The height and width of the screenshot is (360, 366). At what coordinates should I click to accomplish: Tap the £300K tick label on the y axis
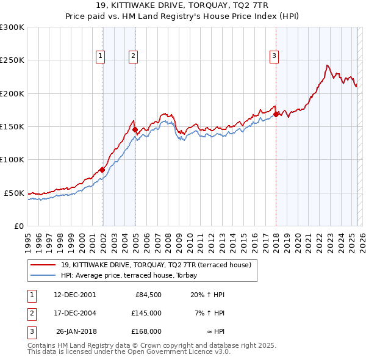[12, 27]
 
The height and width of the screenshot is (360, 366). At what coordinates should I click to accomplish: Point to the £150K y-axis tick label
[12, 126]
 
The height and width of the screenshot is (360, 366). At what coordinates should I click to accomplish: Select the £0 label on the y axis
[18, 226]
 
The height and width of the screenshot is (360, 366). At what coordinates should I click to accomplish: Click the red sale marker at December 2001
[102, 170]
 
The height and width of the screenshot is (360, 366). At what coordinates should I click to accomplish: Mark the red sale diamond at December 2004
[135, 130]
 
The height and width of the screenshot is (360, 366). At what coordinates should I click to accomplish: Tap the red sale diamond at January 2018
[276, 114]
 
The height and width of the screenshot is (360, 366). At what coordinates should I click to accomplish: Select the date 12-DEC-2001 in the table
[74, 295]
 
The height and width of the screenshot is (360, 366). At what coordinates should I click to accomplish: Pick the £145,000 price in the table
[146, 313]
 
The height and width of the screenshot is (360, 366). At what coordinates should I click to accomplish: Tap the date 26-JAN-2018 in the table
[75, 331]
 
